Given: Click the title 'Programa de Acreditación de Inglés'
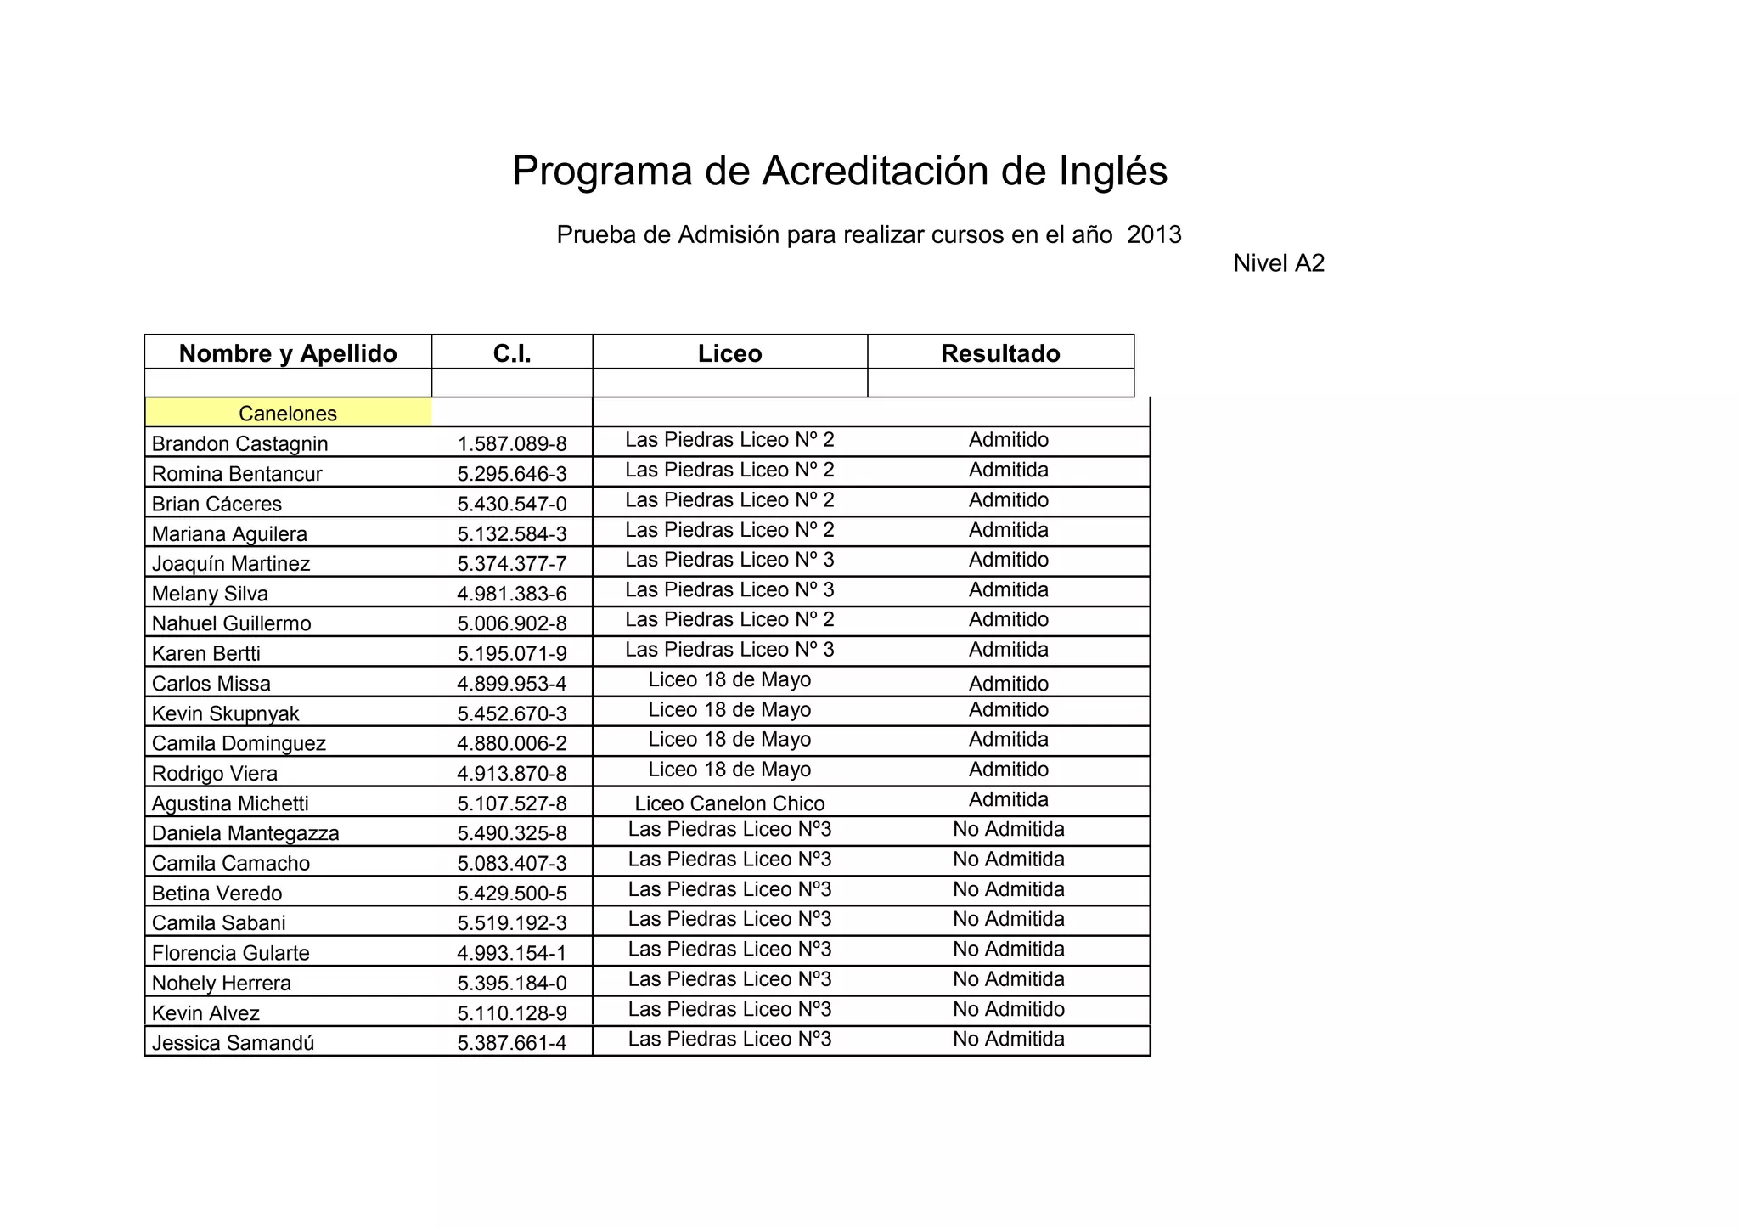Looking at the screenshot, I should click(839, 171).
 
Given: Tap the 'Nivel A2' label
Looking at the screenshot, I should click(1278, 263).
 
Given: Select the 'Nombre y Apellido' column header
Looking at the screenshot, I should click(288, 353).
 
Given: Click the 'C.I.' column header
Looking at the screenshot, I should click(512, 353).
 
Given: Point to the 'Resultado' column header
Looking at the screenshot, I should click(1000, 353).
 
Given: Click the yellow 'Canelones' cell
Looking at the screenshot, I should click(288, 414).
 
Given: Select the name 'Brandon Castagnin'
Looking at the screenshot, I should click(239, 443).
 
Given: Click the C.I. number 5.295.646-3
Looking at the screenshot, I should click(511, 474).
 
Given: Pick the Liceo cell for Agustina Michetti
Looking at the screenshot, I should click(729, 803).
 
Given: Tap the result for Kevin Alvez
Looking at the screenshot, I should click(1008, 1009).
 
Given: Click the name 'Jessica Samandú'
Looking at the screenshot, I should click(233, 1043).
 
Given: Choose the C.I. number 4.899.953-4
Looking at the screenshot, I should click(511, 684).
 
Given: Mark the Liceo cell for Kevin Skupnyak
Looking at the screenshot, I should click(729, 709).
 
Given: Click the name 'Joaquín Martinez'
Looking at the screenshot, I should click(231, 564).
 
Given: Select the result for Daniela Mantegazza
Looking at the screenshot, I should click(1008, 829).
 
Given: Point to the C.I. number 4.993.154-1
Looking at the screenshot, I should click(511, 953).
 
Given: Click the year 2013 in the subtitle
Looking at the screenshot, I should click(1154, 234).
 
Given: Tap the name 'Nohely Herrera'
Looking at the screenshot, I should click(221, 984).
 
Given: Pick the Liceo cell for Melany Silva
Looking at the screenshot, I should click(729, 589).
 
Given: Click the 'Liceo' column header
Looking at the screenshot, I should click(729, 353).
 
